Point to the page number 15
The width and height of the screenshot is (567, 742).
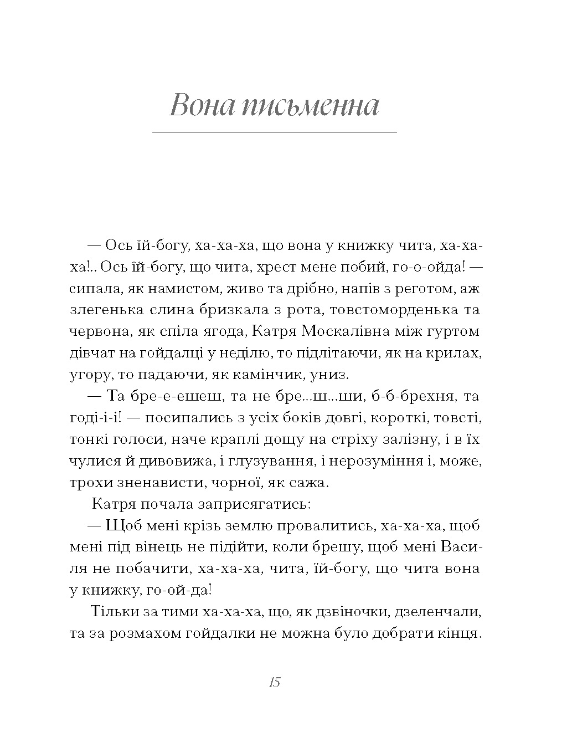tap(275, 682)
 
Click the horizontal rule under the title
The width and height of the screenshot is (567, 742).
tap(275, 133)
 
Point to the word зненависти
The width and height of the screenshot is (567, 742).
tap(162, 483)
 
